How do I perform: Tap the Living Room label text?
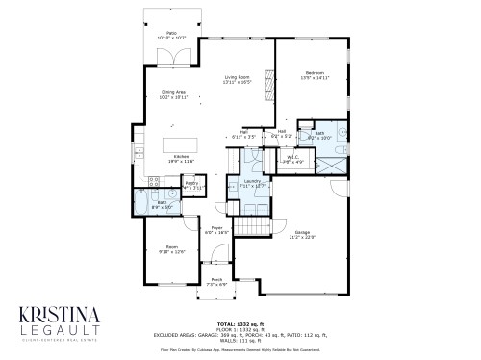237,80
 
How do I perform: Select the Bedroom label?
315,72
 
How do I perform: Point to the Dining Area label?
174,94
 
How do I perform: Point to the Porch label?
216,281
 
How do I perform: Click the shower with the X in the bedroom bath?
334,162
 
